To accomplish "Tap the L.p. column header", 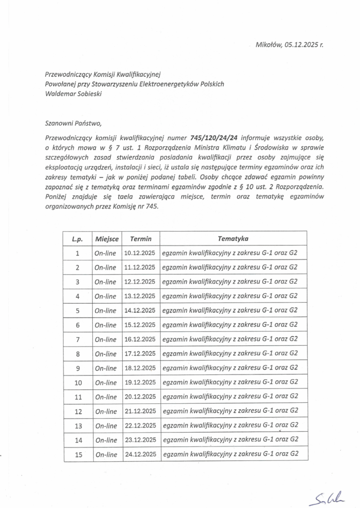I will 77,239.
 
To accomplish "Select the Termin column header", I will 141,239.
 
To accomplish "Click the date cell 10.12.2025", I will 140,253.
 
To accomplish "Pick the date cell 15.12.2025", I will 140,325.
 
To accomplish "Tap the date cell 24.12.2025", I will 140,454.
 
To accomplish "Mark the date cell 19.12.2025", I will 140,382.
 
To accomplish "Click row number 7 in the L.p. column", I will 77,339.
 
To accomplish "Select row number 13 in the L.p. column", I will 77,426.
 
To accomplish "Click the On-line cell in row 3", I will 105,282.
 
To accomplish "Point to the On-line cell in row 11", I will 105,397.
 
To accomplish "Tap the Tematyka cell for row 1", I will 230,253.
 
